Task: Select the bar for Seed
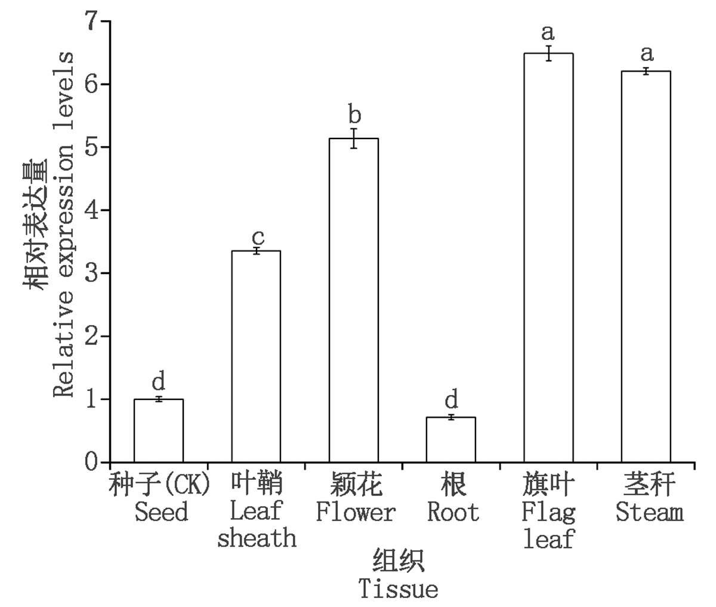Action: click(x=158, y=430)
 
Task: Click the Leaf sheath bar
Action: click(x=256, y=356)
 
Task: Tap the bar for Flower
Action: click(x=354, y=300)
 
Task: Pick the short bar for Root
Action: click(x=451, y=440)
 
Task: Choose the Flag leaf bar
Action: click(x=548, y=258)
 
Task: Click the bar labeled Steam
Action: click(x=646, y=267)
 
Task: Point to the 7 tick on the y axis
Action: click(x=91, y=22)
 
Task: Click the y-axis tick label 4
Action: click(x=91, y=211)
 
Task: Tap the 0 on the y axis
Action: click(x=91, y=463)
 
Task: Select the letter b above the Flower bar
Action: click(x=354, y=114)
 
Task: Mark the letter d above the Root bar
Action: click(x=452, y=398)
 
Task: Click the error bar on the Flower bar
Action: click(x=354, y=138)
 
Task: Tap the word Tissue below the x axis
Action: click(x=398, y=589)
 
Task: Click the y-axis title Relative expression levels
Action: click(x=64, y=224)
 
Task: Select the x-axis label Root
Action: click(x=453, y=512)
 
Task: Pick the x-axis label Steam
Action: click(x=649, y=512)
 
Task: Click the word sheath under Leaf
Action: click(x=257, y=538)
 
